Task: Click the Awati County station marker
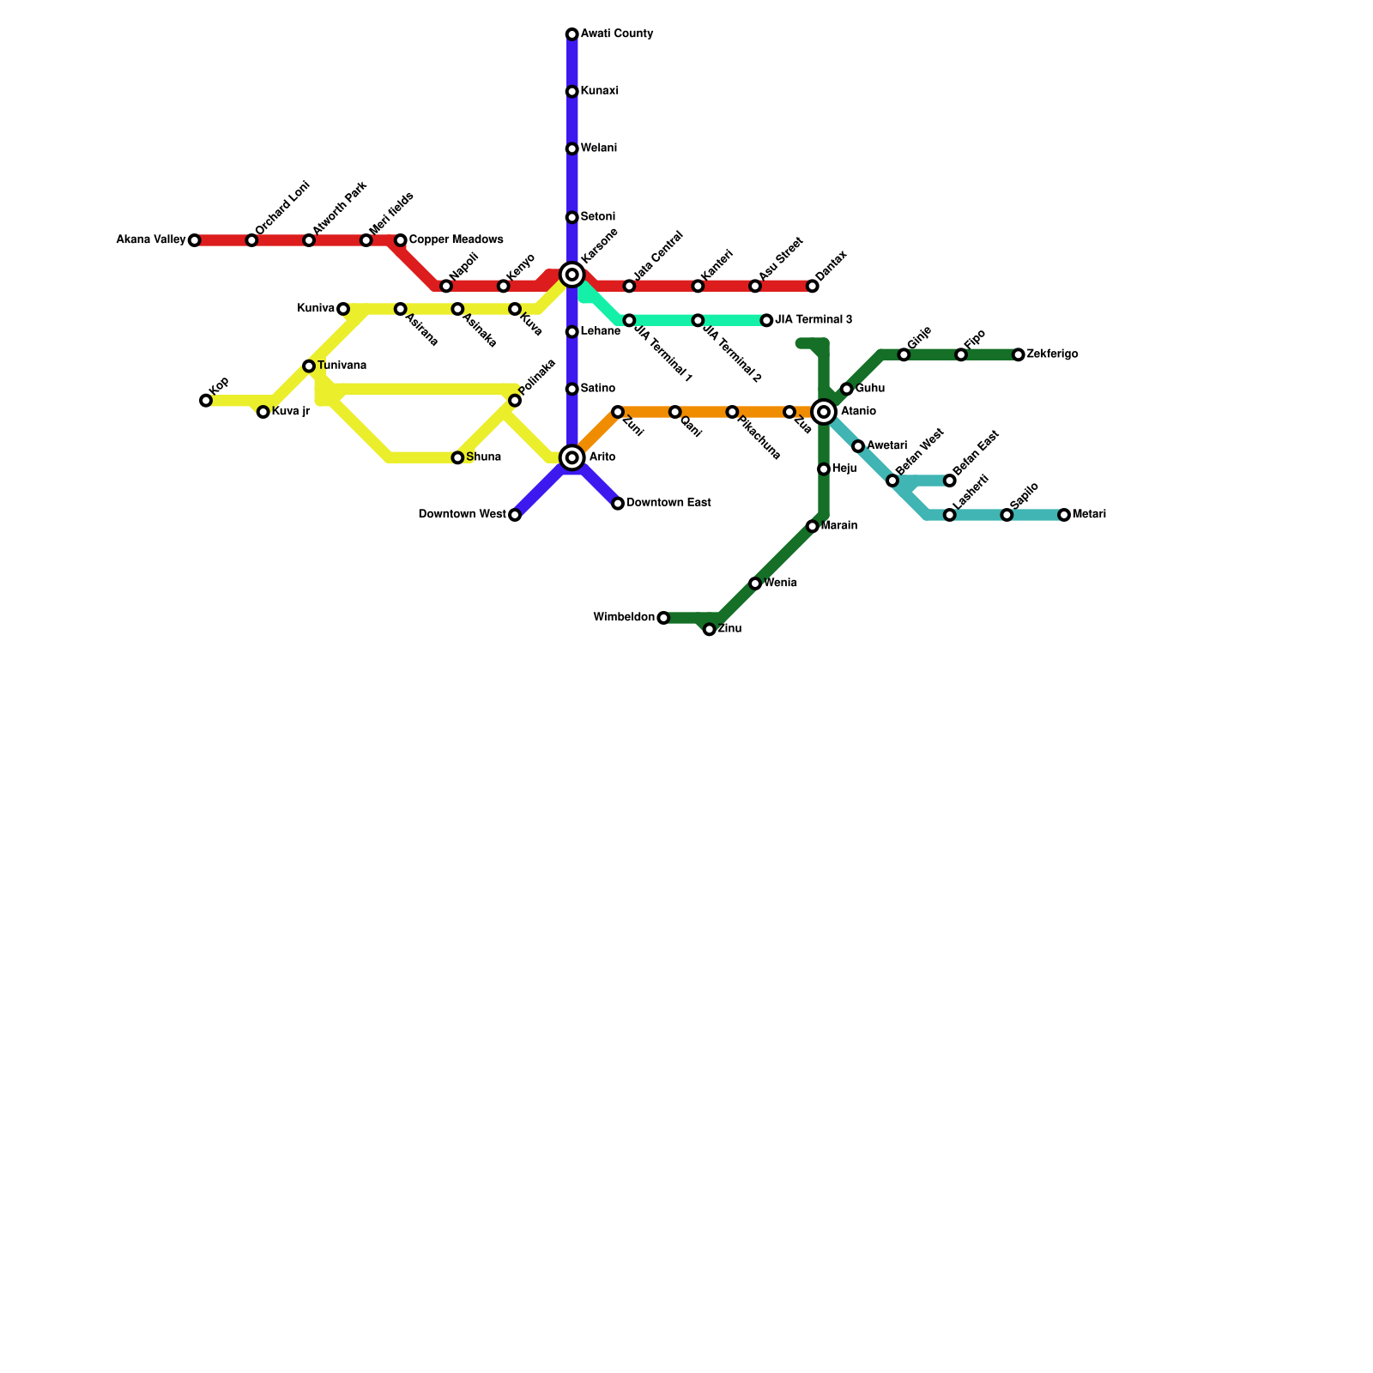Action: pyautogui.click(x=572, y=34)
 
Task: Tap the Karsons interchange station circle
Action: pyautogui.click(x=572, y=275)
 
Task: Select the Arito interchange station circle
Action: pyautogui.click(x=572, y=457)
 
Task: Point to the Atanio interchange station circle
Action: pyautogui.click(x=824, y=412)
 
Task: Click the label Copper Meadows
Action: pyautogui.click(x=456, y=239)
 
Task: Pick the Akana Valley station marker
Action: pyautogui.click(x=194, y=240)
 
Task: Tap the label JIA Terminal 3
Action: pyautogui.click(x=814, y=320)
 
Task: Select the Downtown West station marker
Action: pyautogui.click(x=514, y=515)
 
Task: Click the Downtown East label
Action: pyautogui.click(x=668, y=503)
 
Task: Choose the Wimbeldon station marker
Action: pyautogui.click(x=663, y=618)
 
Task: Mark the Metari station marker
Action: pyautogui.click(x=1064, y=515)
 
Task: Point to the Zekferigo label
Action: pyautogui.click(x=1052, y=354)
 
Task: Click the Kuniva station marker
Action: pyautogui.click(x=343, y=309)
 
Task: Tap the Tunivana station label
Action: pyautogui.click(x=342, y=366)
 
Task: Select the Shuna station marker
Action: pyautogui.click(x=457, y=458)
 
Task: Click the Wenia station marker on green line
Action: pyautogui.click(x=755, y=584)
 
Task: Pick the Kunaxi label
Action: pyautogui.click(x=600, y=91)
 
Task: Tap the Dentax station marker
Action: pyautogui.click(x=813, y=286)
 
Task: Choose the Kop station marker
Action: pyautogui.click(x=206, y=401)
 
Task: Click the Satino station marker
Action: pyautogui.click(x=572, y=390)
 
